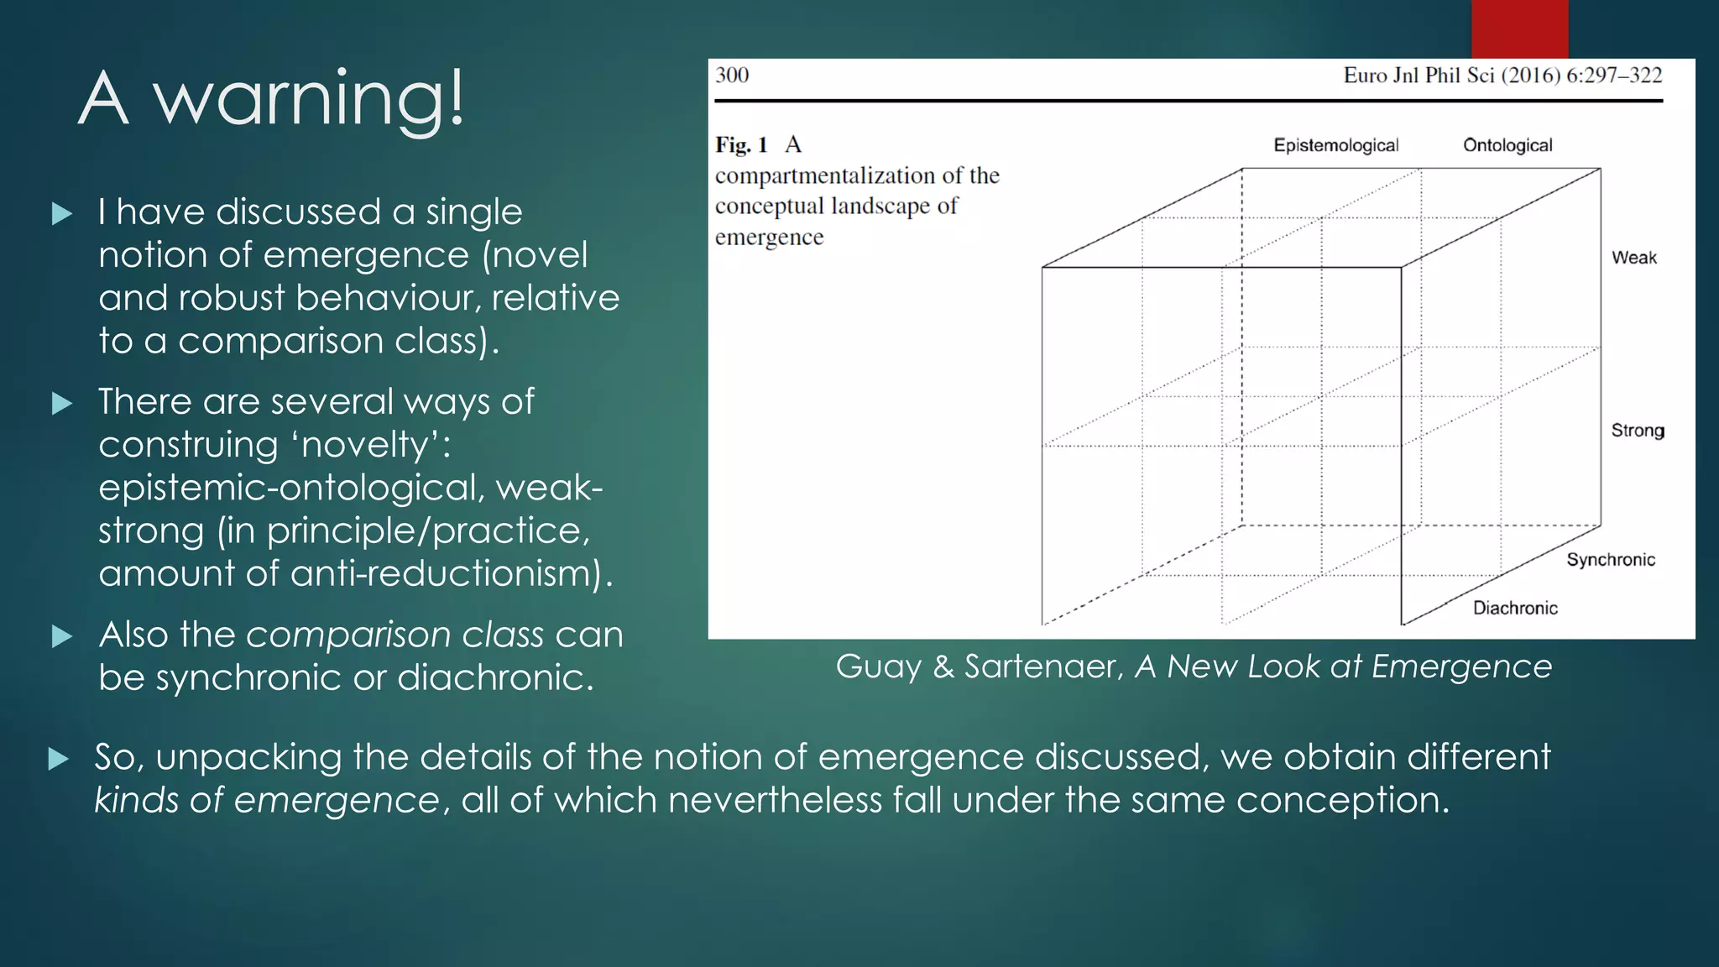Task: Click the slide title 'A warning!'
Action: [x=270, y=99]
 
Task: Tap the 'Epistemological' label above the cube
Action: [x=1335, y=145]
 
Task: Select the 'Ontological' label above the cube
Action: [x=1507, y=145]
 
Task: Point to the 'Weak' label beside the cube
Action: [x=1633, y=258]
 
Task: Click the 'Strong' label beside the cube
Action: [x=1637, y=431]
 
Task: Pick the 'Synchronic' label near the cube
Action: [x=1610, y=560]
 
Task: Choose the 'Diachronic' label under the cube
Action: [x=1515, y=608]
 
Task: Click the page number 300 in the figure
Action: [x=732, y=76]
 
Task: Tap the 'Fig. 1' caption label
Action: [x=741, y=145]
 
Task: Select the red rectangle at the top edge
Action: [x=1519, y=29]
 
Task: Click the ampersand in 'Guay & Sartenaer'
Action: [x=943, y=666]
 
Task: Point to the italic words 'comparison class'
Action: [x=394, y=635]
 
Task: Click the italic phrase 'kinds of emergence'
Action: [x=266, y=800]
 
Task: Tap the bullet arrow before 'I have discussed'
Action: [x=62, y=214]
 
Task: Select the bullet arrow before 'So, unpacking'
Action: [x=59, y=759]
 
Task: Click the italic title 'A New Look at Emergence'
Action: [x=1343, y=666]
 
